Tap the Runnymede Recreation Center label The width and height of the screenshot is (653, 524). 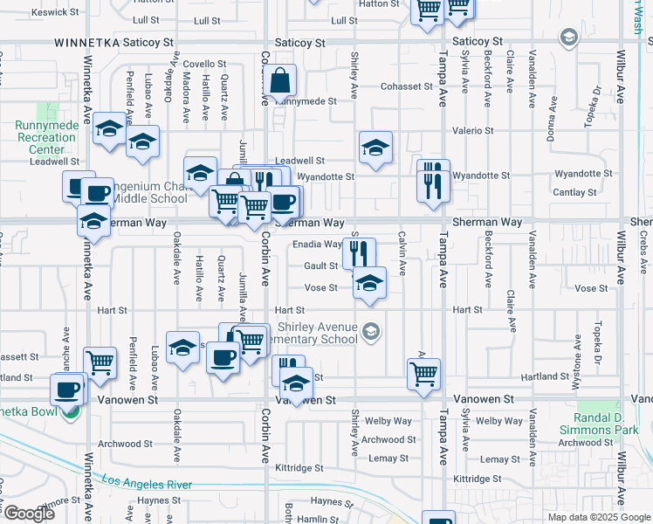(45, 137)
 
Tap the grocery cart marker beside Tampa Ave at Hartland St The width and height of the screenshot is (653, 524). (424, 373)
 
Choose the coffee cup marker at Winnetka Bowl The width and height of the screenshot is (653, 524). (66, 389)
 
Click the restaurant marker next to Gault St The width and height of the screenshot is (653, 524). (359, 252)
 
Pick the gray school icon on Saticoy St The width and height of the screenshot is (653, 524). (569, 37)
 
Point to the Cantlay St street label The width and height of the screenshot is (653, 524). (575, 192)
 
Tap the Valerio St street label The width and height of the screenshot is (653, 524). (472, 131)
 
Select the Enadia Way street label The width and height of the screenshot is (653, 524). (317, 245)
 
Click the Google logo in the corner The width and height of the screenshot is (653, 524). (31, 514)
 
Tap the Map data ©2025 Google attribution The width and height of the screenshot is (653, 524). (597, 517)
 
